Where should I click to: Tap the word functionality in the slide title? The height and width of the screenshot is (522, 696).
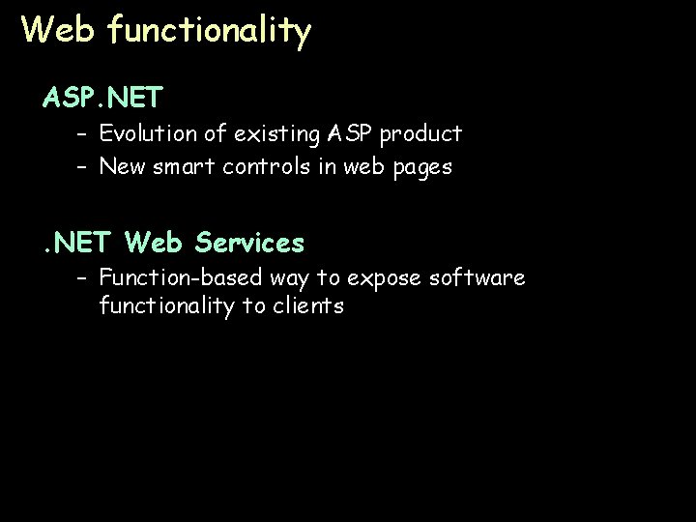[210, 32]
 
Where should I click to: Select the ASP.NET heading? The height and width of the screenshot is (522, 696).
[102, 98]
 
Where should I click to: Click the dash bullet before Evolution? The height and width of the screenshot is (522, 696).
[83, 133]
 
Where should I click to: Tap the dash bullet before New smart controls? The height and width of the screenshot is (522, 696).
[83, 167]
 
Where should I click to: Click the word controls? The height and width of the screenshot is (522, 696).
[274, 167]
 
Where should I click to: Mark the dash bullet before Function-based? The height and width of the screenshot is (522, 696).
[83, 279]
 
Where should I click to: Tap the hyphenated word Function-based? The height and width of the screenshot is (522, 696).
[170, 278]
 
